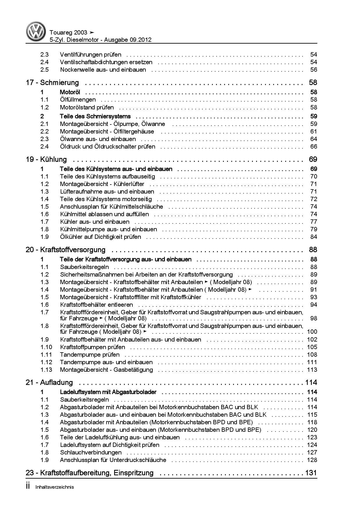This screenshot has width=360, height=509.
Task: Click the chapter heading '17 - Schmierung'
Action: [52, 83]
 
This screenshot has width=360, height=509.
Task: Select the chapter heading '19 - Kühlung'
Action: [46, 160]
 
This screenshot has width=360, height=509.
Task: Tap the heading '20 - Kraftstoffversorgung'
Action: [66, 250]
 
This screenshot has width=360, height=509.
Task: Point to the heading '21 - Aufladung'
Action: [49, 383]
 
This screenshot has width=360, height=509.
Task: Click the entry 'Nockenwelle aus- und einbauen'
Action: [103, 70]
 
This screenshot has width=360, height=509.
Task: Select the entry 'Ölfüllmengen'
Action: [78, 100]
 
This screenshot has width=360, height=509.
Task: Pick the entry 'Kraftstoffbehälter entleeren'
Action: [96, 305]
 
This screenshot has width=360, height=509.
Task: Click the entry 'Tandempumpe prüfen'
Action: [90, 355]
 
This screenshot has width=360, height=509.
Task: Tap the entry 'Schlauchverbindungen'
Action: [91, 452]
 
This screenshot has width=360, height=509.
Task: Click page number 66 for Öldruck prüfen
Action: [314, 147]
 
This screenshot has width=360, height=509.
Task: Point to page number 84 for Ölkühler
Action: [314, 237]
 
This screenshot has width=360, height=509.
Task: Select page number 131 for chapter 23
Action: [311, 473]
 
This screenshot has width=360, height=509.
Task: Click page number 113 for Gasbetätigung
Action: [312, 370]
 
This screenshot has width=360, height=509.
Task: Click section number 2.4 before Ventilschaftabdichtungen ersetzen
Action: [44, 62]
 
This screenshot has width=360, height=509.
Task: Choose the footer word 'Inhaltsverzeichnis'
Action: [55, 487]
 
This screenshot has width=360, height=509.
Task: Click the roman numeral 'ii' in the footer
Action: [28, 487]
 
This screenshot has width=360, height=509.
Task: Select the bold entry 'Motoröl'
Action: [70, 92]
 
